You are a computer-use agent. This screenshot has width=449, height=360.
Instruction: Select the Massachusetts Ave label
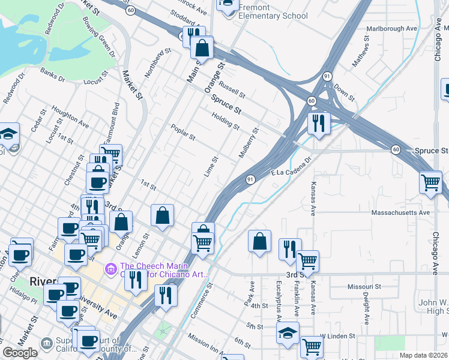click(401, 212)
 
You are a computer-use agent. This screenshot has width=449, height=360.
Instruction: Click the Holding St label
click(226, 124)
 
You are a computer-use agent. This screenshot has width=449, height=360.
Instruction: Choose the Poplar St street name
click(183, 133)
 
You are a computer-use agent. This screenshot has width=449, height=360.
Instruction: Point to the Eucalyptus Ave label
click(278, 298)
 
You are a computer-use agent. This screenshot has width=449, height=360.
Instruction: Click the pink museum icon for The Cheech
click(110, 268)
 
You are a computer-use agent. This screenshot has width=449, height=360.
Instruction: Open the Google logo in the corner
click(20, 353)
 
